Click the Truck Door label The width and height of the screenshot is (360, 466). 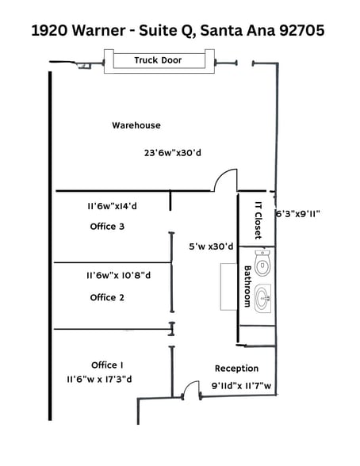158,60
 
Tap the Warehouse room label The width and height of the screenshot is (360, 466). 136,125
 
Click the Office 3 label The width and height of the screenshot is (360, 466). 107,227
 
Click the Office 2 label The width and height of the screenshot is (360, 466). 107,297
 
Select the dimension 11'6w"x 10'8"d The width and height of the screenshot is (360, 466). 119,276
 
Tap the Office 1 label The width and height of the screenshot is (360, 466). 107,365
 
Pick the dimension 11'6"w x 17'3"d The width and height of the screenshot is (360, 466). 99,380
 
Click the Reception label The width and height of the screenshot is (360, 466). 236,369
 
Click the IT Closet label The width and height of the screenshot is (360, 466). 257,220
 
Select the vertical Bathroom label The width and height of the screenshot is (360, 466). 247,286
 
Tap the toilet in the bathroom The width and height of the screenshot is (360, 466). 262,262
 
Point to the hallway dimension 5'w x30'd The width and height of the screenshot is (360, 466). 210,246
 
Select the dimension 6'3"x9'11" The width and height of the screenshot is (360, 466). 297,213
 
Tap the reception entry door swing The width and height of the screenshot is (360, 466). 191,389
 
